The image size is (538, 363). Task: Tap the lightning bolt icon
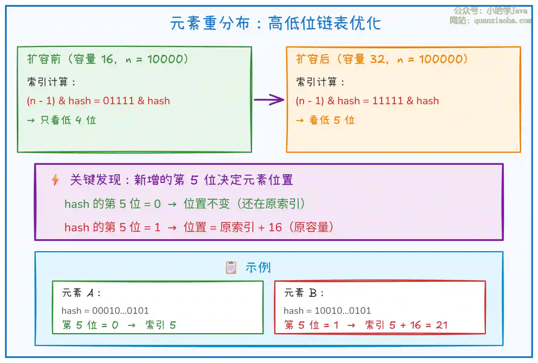pos(55,180)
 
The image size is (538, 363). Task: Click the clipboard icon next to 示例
pos(231,267)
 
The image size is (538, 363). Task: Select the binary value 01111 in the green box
pos(118,101)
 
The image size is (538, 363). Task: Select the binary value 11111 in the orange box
pos(387,101)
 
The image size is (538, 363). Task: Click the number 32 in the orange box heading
pos(377,59)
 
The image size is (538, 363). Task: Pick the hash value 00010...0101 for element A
pos(120,311)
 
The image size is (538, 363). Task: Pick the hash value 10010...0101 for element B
pos(343,311)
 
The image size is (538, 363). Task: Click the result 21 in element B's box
pos(442,325)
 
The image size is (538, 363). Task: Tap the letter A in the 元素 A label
pos(91,293)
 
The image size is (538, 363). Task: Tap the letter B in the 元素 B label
pos(313,293)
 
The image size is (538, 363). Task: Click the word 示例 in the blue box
pos(258,268)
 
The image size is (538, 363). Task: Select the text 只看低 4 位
pos(68,120)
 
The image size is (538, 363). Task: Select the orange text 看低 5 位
pos(332,120)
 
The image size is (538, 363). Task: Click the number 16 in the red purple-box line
pos(275,227)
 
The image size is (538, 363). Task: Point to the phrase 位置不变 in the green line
pos(206,204)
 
